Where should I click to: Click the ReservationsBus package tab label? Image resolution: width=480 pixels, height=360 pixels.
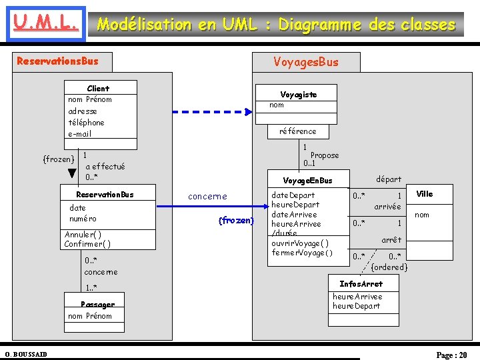tap(57, 61)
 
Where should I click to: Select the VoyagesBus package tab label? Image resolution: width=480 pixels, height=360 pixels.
tap(306, 62)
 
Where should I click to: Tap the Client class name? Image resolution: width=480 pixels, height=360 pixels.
tap(98, 88)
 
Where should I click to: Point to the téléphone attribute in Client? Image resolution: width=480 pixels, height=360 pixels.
tap(86, 122)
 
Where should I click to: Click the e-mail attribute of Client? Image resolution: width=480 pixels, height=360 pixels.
tap(79, 133)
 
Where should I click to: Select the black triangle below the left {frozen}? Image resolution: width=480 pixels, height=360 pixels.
tap(72, 173)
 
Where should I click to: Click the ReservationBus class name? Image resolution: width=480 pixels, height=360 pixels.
tap(105, 195)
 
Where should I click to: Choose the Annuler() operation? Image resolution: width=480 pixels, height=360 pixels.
tap(83, 235)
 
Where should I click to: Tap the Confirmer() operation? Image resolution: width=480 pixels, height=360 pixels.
tap(87, 244)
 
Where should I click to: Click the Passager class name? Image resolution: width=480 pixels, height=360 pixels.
tap(97, 305)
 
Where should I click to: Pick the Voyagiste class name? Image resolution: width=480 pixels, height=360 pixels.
tap(298, 95)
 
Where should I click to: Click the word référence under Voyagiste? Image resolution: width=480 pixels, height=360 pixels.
tap(298, 131)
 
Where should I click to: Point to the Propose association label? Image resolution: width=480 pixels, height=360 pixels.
tap(325, 155)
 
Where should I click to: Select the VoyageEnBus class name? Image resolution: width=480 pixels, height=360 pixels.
tap(307, 181)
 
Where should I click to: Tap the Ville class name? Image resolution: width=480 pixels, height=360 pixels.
tap(424, 194)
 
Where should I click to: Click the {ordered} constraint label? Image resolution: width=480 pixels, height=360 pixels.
tap(389, 267)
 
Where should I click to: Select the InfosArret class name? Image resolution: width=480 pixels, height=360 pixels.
tap(361, 284)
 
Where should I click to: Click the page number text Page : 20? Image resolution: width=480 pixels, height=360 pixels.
tap(451, 355)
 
